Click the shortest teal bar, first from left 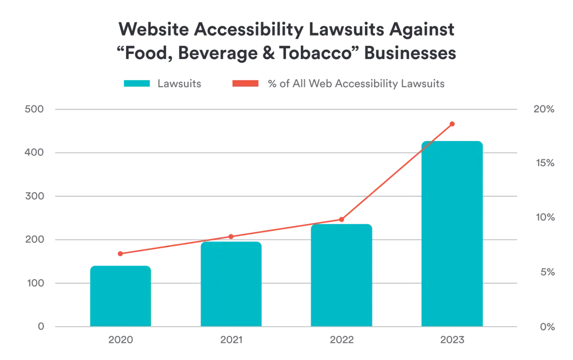point(120,295)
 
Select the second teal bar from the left point(231,284)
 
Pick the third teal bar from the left point(342,275)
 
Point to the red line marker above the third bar point(342,219)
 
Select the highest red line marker point(453,123)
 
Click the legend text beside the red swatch point(355,84)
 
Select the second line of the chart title point(286,52)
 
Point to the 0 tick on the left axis point(42,326)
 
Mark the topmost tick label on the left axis point(38,108)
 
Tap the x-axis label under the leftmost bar point(119,339)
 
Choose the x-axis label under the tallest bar point(453,339)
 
